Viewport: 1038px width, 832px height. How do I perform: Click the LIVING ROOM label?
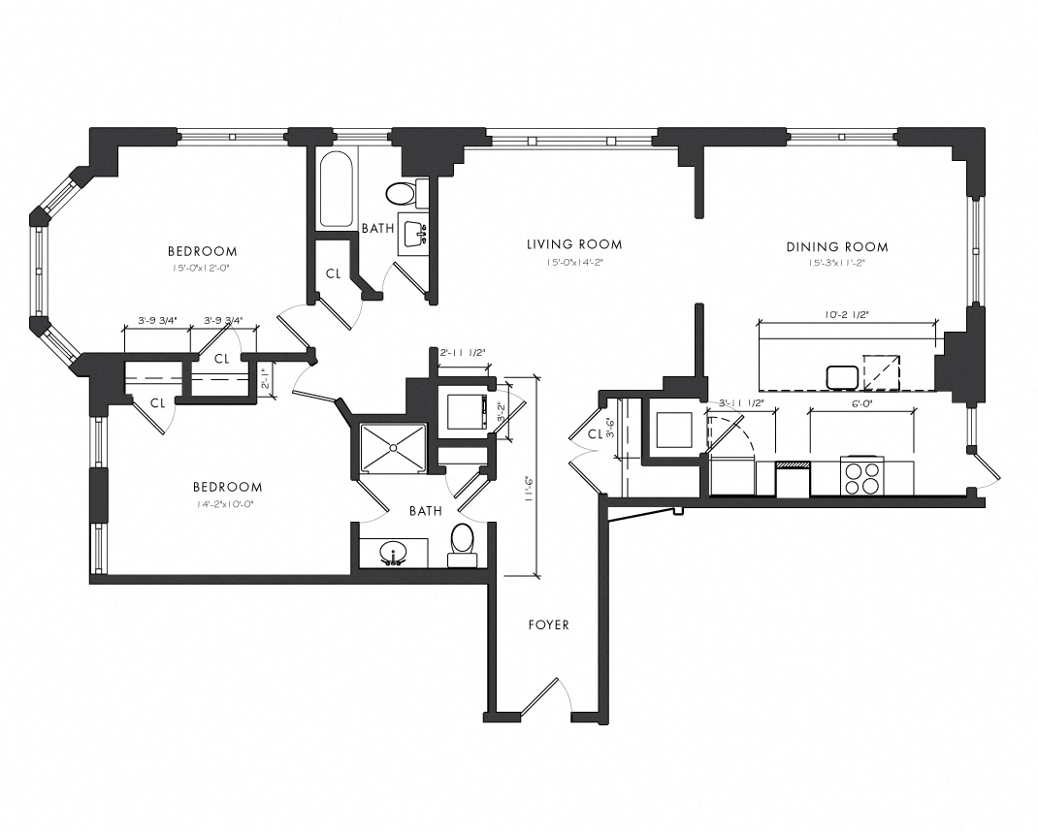click(574, 244)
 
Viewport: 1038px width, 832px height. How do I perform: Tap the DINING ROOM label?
click(836, 247)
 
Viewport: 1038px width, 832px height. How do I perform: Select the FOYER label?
click(548, 624)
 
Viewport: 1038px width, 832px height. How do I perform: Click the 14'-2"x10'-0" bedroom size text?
click(227, 504)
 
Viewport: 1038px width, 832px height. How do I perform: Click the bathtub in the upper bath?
click(336, 189)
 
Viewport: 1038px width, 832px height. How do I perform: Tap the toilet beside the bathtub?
click(401, 194)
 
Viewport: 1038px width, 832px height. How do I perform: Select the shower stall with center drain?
click(393, 447)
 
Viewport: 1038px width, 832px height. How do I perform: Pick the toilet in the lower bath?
click(462, 543)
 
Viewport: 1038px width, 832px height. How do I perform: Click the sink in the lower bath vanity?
click(394, 553)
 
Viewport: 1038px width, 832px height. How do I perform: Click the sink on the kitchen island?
click(839, 375)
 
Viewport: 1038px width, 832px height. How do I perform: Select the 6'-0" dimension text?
click(862, 403)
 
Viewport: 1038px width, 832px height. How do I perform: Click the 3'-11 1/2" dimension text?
click(742, 403)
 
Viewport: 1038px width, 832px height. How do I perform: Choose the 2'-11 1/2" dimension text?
click(462, 353)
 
